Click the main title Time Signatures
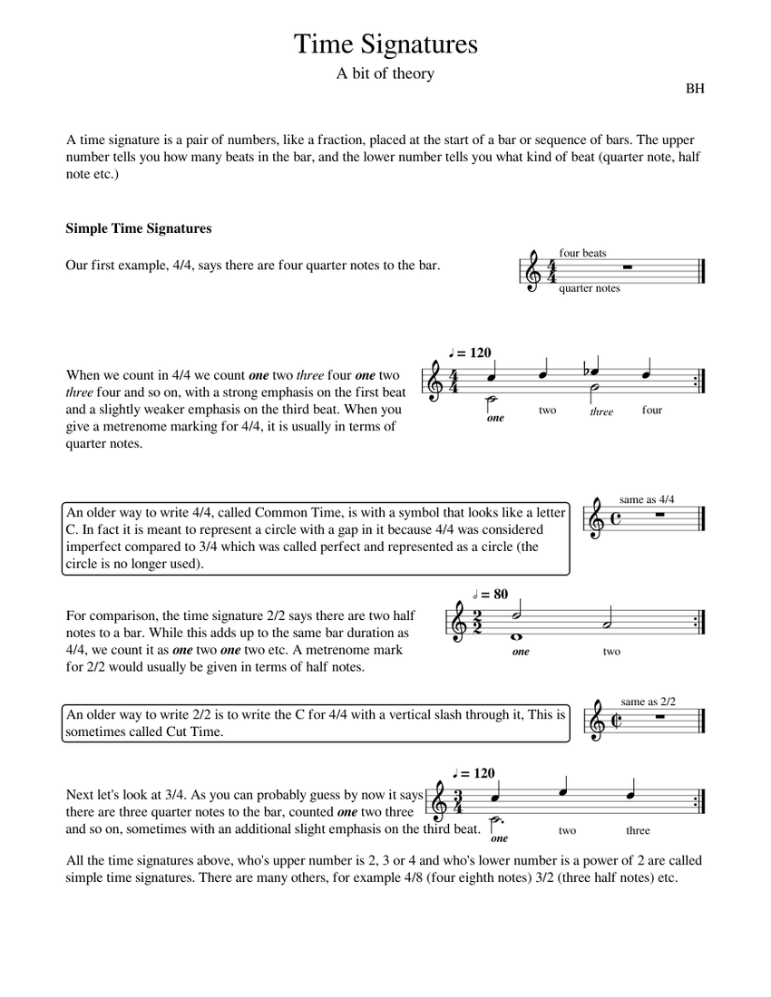point(385,44)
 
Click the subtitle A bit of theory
point(385,74)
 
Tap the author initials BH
point(695,89)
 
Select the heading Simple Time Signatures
point(138,228)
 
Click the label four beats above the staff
point(582,253)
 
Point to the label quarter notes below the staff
point(590,288)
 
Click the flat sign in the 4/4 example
point(587,370)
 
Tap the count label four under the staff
point(651,410)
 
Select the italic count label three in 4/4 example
point(601,411)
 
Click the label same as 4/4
point(647,499)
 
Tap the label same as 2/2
point(649,702)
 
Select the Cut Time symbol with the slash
point(616,721)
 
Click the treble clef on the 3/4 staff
point(440,802)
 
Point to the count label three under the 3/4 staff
point(638,830)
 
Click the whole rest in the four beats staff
point(626,267)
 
